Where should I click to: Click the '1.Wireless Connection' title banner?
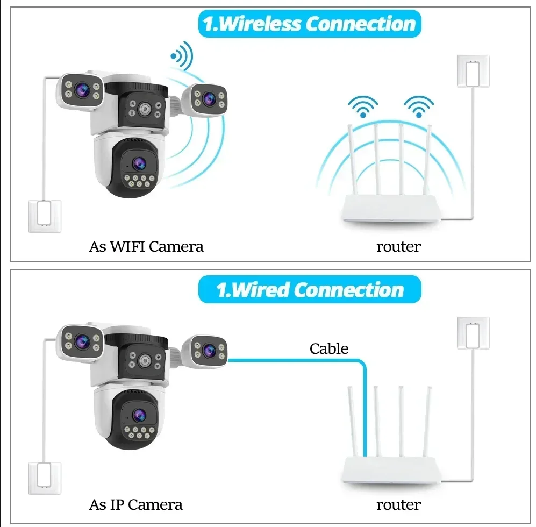(x=309, y=25)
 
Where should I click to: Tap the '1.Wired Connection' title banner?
(x=309, y=290)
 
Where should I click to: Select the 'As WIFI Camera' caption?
(x=146, y=247)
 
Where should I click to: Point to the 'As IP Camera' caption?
(x=135, y=505)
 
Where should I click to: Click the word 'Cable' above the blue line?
(x=329, y=348)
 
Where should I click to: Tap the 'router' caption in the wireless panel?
(x=398, y=247)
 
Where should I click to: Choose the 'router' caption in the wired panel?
(x=398, y=505)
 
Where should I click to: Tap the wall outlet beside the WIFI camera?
(x=45, y=216)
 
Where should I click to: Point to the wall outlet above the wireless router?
(x=473, y=70)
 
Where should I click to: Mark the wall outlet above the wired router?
(x=473, y=333)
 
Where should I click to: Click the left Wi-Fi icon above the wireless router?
(x=364, y=106)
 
